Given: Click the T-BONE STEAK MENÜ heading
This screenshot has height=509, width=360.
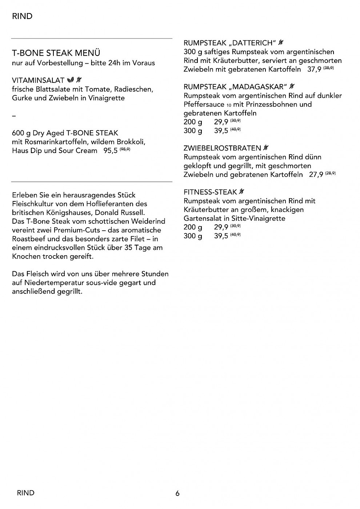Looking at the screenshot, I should point(56,53).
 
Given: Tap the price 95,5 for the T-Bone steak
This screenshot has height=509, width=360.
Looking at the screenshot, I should point(111,151).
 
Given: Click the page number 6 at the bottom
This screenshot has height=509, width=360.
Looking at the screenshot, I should point(177,493).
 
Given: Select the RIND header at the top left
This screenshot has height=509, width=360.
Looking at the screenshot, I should point(22,16).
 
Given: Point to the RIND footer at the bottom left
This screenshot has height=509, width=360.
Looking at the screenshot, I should point(25,493).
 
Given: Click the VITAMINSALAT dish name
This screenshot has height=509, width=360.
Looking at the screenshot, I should point(38,80).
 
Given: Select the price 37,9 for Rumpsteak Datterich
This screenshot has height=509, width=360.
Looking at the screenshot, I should point(314,69).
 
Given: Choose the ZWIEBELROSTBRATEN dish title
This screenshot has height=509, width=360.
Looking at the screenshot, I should point(222,148).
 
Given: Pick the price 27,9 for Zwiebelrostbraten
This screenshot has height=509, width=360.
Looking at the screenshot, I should point(316,175).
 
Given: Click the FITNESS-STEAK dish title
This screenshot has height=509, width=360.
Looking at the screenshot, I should point(210,192).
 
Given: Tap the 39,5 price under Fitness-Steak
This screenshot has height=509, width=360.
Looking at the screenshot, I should point(221,236).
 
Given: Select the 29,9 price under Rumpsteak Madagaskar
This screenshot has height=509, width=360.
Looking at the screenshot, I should point(221,122).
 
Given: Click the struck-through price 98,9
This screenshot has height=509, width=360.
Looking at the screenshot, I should point(125,149).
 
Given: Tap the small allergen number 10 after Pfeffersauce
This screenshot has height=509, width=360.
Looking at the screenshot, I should point(229,105).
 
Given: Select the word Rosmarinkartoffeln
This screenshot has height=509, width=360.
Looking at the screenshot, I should point(55,142).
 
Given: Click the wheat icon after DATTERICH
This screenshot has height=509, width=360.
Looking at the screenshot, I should point(281,43).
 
